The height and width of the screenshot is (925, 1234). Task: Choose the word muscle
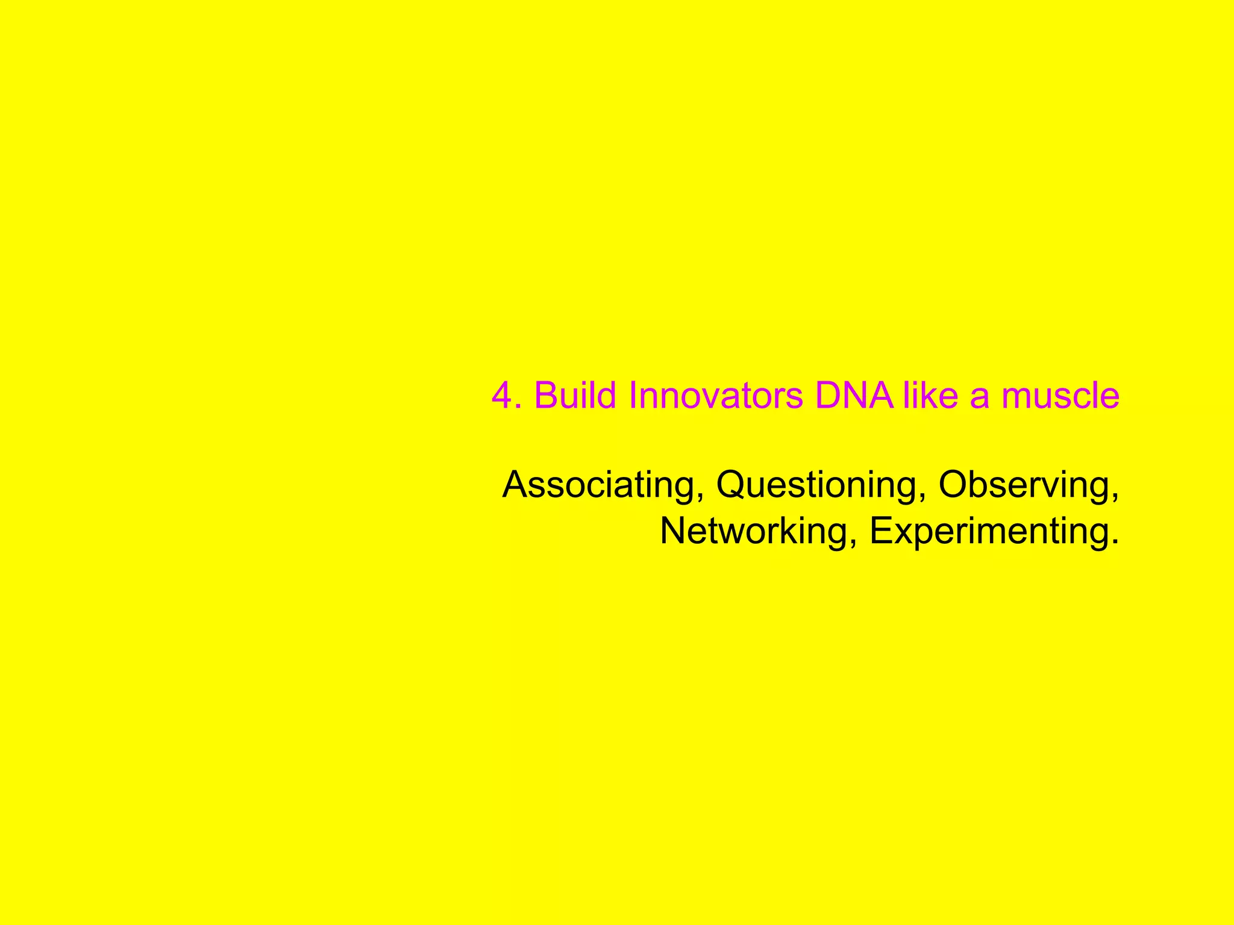point(1060,396)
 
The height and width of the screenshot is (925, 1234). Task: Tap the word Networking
point(753,531)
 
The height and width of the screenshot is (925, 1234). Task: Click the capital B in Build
point(546,396)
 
